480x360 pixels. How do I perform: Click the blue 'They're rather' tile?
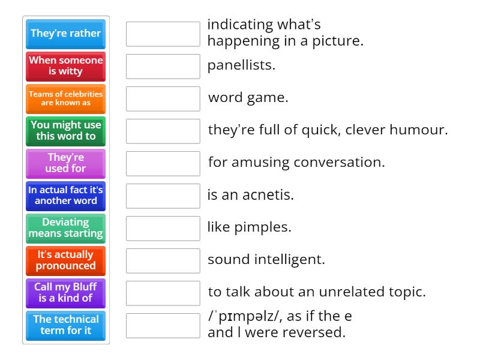(x=66, y=34)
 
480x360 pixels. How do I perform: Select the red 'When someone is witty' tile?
(x=66, y=66)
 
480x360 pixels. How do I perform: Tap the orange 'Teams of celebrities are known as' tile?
(x=66, y=98)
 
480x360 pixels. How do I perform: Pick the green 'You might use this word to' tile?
(x=66, y=131)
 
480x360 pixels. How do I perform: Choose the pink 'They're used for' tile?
(x=66, y=163)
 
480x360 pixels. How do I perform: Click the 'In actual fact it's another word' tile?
(x=66, y=196)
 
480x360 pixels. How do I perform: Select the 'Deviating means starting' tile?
(x=66, y=228)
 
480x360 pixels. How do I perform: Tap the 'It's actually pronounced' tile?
(x=66, y=260)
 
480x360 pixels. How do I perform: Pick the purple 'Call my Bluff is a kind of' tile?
(x=66, y=293)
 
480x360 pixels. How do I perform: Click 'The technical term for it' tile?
(x=66, y=325)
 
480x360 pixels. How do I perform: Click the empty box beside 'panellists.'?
(x=163, y=66)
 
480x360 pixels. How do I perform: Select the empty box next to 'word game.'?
(x=163, y=98)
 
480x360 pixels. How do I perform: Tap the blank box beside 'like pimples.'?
(x=163, y=228)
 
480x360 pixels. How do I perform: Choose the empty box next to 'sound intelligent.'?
(x=163, y=260)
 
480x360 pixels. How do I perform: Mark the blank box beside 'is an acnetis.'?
(x=163, y=196)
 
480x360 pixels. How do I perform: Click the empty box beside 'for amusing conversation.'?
(x=163, y=163)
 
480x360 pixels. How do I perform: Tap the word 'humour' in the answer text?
(x=422, y=130)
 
